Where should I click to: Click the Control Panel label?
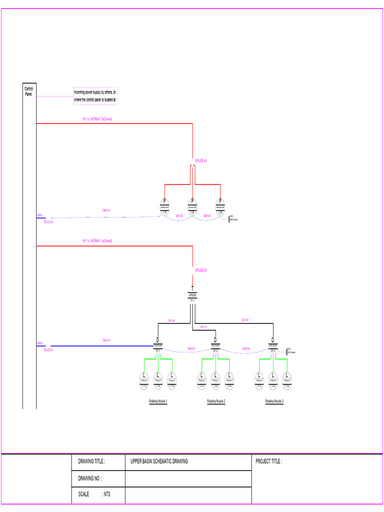29,91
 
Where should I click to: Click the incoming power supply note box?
95,95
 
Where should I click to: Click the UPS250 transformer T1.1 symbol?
192,294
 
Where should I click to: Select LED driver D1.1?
157,345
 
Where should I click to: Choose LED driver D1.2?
215,345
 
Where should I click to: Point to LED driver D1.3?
273,345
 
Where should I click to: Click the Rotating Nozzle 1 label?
158,401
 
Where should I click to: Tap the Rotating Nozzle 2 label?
216,401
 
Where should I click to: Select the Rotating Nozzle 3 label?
274,401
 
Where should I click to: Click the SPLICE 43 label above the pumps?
200,160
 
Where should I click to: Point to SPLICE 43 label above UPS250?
200,270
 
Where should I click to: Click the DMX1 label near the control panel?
39,215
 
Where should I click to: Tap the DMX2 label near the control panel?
39,343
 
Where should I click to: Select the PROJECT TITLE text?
268,461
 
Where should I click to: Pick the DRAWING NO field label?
90,478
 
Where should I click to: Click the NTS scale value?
106,494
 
